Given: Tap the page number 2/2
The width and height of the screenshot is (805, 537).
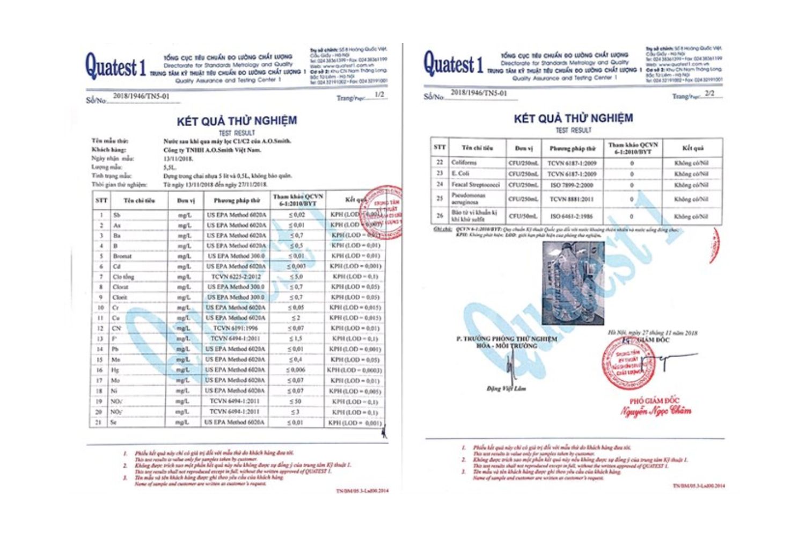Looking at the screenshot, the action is coord(709,93).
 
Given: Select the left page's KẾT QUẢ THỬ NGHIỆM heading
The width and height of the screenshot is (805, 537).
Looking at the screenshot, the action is coord(237,120).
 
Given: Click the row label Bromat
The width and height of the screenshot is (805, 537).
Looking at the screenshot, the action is coord(122,256).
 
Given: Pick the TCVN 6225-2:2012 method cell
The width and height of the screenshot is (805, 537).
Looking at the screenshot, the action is coord(236,277).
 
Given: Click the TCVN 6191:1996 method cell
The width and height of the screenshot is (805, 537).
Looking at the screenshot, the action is coord(236,328).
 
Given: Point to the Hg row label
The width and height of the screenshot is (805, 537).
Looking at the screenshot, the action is coord(115,370).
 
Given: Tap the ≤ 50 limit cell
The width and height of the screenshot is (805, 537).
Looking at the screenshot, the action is coord(295,401).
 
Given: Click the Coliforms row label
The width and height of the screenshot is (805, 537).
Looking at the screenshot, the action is coord(464,162).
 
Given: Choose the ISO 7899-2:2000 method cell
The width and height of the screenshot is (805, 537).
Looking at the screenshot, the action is coord(572,185).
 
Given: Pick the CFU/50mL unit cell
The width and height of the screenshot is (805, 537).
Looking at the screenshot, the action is coord(523,216).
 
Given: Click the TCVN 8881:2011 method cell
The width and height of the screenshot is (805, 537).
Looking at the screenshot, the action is coord(572,199).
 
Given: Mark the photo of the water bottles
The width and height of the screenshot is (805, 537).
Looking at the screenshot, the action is coord(574,283).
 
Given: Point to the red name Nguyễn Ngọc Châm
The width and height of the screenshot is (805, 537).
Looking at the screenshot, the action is coord(656,411).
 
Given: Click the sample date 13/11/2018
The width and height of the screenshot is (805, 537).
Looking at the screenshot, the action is coord(179,158).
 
